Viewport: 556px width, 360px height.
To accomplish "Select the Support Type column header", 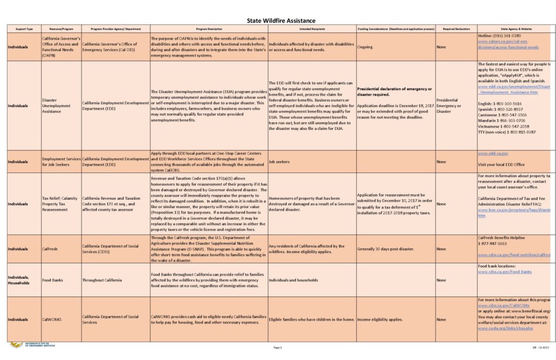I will [24, 28].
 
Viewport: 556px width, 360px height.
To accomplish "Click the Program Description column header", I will [208, 28].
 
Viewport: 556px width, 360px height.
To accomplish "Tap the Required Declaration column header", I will [456, 28].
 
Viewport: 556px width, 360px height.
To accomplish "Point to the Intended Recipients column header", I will [312, 28].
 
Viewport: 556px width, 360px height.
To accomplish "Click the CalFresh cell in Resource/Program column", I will [50, 249].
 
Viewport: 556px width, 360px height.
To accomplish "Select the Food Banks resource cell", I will [53, 280].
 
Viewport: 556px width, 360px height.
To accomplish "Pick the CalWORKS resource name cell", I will [52, 320].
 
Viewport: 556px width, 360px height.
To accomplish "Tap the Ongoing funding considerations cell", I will [365, 47].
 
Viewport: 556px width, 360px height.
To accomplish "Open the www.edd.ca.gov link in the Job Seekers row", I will [493, 154].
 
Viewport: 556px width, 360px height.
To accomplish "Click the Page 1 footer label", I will [278, 348].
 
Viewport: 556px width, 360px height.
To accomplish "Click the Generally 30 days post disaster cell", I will [386, 249].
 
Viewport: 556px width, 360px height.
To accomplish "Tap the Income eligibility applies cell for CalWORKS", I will [380, 320].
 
